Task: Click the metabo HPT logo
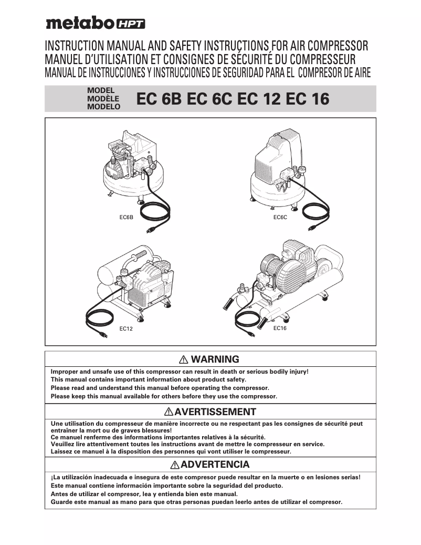pyautogui.click(x=95, y=23)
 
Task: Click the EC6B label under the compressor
pyautogui.click(x=127, y=217)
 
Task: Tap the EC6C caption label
pyautogui.click(x=280, y=217)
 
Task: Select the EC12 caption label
pyautogui.click(x=126, y=330)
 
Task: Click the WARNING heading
pyautogui.click(x=215, y=359)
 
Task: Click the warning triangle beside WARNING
pyautogui.click(x=184, y=360)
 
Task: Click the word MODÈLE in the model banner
pyautogui.click(x=103, y=98)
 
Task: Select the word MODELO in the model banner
pyautogui.click(x=103, y=106)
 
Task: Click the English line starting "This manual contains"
pyautogui.click(x=149, y=379)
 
